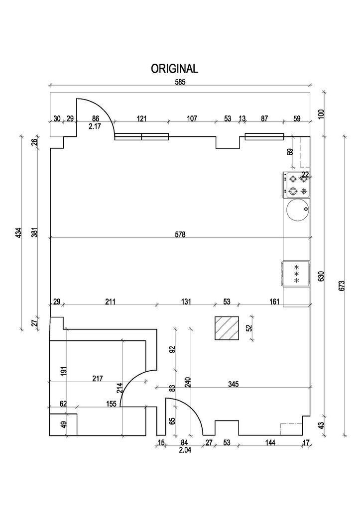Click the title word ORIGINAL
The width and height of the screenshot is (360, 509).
click(x=174, y=69)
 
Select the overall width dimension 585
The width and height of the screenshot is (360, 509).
click(x=180, y=83)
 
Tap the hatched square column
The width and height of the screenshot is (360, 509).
click(x=227, y=328)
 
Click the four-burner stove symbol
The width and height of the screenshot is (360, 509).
click(x=297, y=184)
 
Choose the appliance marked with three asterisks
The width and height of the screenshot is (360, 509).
click(x=296, y=274)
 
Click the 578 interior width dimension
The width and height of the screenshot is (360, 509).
click(x=180, y=234)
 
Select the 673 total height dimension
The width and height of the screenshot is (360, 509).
click(x=341, y=285)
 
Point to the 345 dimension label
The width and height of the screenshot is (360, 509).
click(x=234, y=384)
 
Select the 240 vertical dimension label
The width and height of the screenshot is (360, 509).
click(x=188, y=382)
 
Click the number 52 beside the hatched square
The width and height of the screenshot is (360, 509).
click(x=249, y=327)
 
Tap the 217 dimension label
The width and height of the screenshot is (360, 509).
click(x=98, y=379)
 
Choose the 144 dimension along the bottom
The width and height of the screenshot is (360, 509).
click(x=270, y=442)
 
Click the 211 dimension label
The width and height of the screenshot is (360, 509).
click(x=111, y=302)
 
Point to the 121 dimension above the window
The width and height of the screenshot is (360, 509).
click(x=141, y=118)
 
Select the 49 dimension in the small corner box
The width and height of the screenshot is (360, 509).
click(x=63, y=424)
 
